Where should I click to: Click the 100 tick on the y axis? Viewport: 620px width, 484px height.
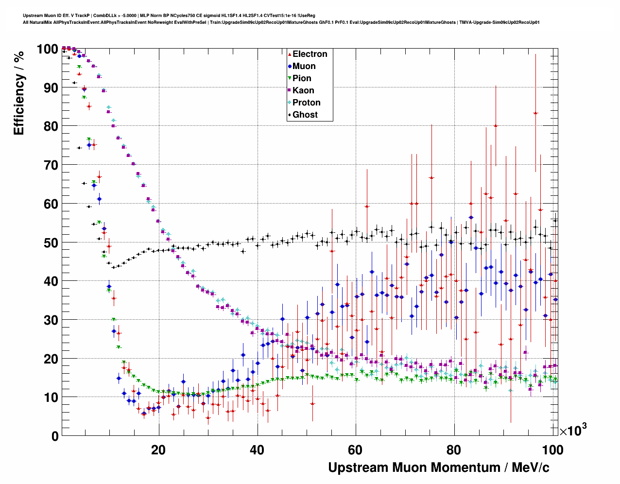[48, 49]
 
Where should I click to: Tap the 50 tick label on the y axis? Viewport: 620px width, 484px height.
[51, 242]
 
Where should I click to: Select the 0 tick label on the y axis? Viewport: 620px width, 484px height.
[55, 436]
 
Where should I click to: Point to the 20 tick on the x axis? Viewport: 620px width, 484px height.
[158, 450]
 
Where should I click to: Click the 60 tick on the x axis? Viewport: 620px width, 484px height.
[356, 450]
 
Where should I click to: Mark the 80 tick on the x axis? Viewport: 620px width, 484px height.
[454, 450]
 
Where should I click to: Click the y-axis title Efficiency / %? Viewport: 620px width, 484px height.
[19, 93]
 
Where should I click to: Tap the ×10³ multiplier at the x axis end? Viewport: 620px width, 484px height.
[573, 430]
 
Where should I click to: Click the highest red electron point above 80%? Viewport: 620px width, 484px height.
[535, 113]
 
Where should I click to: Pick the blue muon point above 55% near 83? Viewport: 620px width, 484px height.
[471, 217]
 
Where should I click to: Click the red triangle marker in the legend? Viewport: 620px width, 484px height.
[290, 54]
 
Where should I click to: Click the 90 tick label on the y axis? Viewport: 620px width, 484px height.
[51, 88]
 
